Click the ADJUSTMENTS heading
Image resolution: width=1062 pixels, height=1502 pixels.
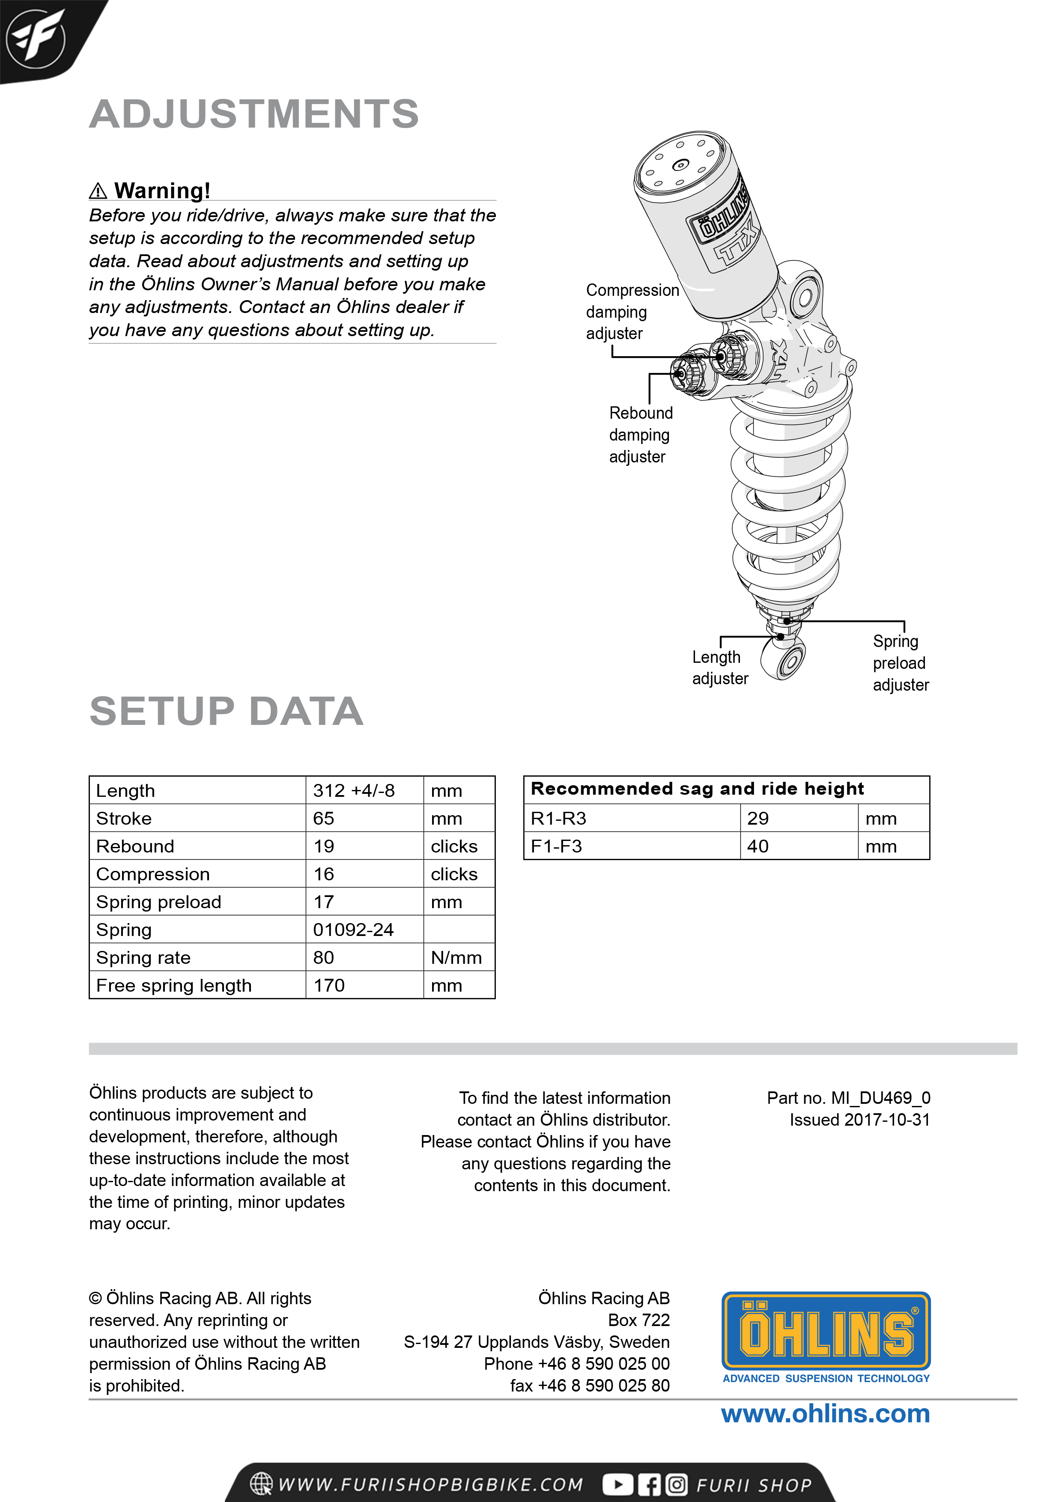[254, 114]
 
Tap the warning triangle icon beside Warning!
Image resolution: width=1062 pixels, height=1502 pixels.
[98, 191]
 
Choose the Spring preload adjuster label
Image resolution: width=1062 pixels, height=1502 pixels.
[901, 663]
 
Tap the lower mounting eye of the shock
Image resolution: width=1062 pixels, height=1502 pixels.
[788, 662]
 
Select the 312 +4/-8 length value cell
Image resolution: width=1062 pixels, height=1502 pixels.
[354, 790]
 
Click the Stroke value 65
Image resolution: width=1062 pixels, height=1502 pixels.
[324, 818]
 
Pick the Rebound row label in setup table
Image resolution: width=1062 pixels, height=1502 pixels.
[135, 846]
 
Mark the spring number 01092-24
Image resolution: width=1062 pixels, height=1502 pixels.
[353, 930]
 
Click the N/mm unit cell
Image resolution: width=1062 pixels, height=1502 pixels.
[456, 958]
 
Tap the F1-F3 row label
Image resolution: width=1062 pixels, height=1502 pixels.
[556, 846]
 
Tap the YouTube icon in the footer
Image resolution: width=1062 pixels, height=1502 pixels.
[617, 1484]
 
